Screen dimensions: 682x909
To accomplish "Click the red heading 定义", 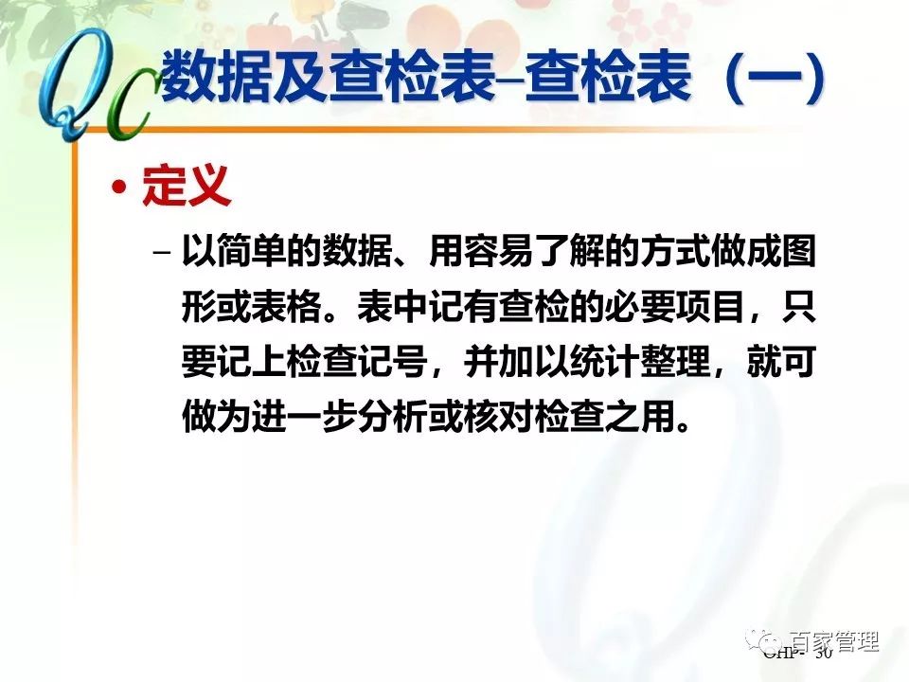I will [x=187, y=188].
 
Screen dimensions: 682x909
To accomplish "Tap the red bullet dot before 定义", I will [x=118, y=188].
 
